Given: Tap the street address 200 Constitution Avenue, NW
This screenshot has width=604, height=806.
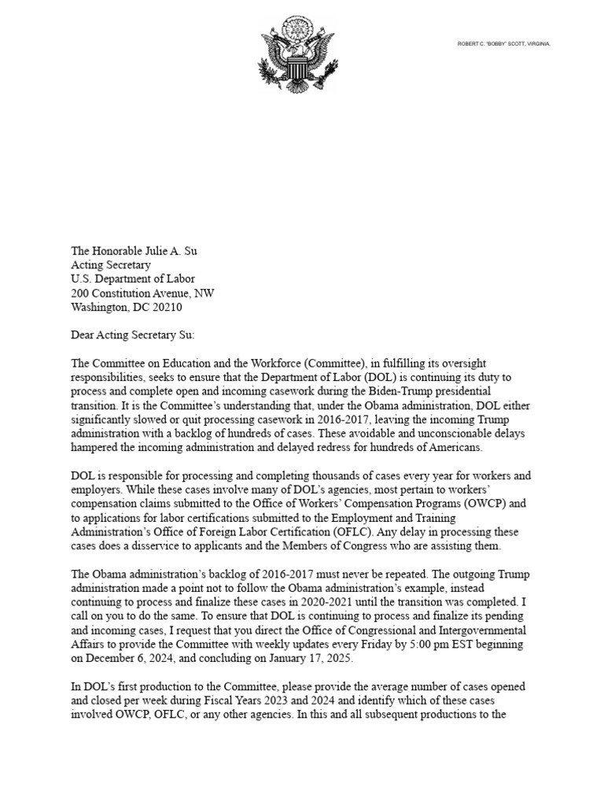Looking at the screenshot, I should (142, 293).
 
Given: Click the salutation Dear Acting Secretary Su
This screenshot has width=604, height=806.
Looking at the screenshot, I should (132, 335).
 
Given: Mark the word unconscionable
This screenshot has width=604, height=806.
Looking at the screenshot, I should (441, 433).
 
